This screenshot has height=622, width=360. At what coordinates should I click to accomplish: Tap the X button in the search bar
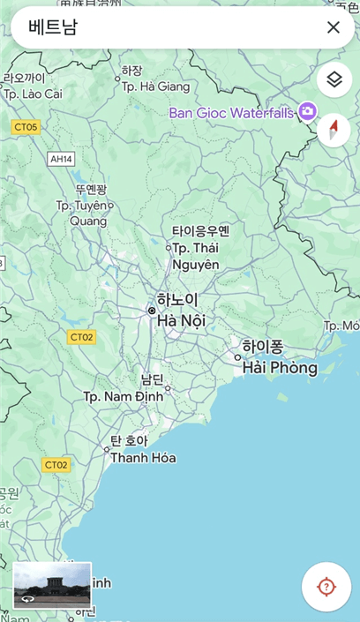click(333, 27)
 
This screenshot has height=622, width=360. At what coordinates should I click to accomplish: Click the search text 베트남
click(53, 27)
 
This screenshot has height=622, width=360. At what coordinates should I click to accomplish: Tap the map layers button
click(334, 80)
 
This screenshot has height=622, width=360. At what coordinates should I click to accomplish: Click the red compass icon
click(334, 130)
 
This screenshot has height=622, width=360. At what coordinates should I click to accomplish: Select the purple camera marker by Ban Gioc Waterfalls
click(307, 111)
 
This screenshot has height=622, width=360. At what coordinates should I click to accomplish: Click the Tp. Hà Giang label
click(155, 86)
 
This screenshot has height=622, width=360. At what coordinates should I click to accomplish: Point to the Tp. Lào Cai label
click(33, 94)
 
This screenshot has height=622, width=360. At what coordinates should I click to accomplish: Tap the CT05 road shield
click(26, 127)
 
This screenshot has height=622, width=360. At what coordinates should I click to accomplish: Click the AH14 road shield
click(61, 159)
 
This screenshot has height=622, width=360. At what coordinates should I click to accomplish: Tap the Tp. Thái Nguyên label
click(195, 256)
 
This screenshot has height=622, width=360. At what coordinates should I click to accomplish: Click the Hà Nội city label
click(181, 321)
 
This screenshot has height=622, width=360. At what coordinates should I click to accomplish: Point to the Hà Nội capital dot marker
click(152, 311)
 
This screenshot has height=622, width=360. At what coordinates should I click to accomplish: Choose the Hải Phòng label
click(280, 367)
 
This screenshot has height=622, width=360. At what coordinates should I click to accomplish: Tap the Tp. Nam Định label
click(124, 397)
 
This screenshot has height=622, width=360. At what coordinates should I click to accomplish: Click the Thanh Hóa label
click(143, 458)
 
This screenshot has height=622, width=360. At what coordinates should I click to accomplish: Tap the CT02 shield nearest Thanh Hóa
click(56, 464)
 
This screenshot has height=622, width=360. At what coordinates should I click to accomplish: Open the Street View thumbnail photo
click(52, 585)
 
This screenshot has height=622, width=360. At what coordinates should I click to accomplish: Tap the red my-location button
click(326, 587)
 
